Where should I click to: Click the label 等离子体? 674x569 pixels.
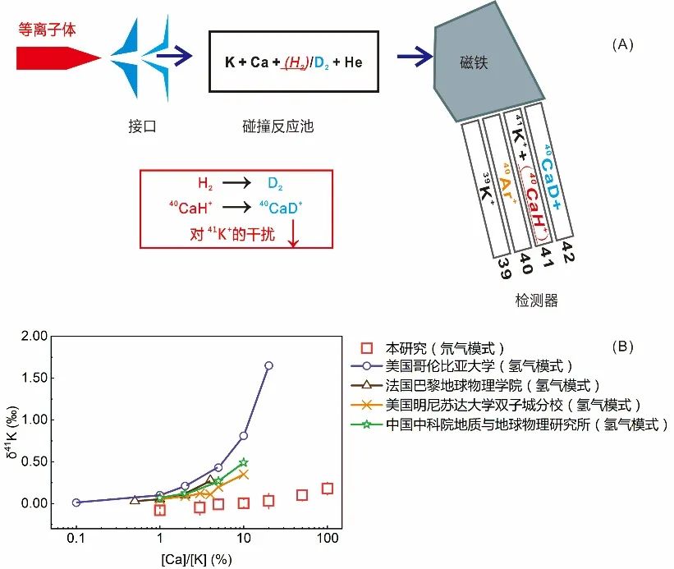47,30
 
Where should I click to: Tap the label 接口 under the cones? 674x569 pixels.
142,126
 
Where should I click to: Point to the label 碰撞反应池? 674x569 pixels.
278,126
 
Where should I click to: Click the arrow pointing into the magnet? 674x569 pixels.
415,56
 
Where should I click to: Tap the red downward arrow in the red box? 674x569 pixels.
293,233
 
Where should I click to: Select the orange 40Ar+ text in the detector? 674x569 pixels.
508,183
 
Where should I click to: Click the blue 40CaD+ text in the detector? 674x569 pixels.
551,177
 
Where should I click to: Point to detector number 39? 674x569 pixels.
505,268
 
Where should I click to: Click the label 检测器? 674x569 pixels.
536,301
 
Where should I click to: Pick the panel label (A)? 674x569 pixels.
622,44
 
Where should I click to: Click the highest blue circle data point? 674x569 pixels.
268,365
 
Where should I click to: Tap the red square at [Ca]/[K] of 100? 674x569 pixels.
328,489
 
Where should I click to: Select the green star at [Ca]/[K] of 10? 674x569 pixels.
244,462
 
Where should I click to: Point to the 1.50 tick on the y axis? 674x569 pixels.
34,378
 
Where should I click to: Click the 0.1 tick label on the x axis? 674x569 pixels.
76,538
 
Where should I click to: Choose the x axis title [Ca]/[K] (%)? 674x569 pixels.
196,559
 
